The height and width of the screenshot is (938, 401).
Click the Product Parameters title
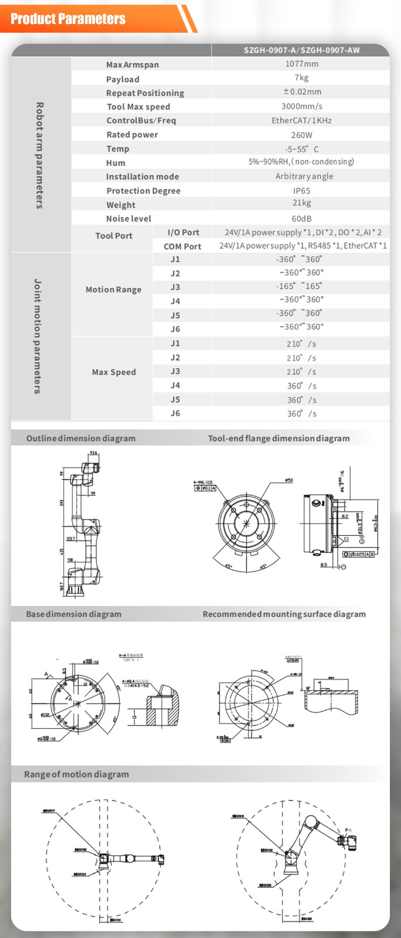(x=68, y=19)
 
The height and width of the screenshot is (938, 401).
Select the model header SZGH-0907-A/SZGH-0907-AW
(x=301, y=50)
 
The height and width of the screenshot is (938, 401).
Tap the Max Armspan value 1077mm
(x=301, y=64)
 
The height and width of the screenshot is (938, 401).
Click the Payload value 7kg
(x=301, y=78)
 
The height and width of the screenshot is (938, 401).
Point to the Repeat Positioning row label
(x=145, y=93)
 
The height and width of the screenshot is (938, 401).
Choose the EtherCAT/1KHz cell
(x=301, y=120)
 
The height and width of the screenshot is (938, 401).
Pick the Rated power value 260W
(x=301, y=134)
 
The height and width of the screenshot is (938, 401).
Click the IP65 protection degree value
(x=301, y=191)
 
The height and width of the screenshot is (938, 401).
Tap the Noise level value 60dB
(x=301, y=218)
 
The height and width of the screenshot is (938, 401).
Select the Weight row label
(x=121, y=205)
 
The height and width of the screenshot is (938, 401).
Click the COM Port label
(x=182, y=246)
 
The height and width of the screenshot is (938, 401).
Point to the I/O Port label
(x=183, y=232)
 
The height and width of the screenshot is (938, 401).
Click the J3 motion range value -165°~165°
(x=299, y=286)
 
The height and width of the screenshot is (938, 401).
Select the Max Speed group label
(x=114, y=372)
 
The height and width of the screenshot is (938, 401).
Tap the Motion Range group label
(x=113, y=290)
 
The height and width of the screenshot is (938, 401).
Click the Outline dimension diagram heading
(x=81, y=438)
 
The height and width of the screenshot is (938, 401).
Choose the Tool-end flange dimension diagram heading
(x=278, y=438)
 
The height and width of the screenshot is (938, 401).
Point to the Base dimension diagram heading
(x=74, y=614)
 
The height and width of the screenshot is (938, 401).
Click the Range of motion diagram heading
(x=76, y=774)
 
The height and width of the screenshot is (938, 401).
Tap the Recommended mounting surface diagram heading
(x=284, y=614)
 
